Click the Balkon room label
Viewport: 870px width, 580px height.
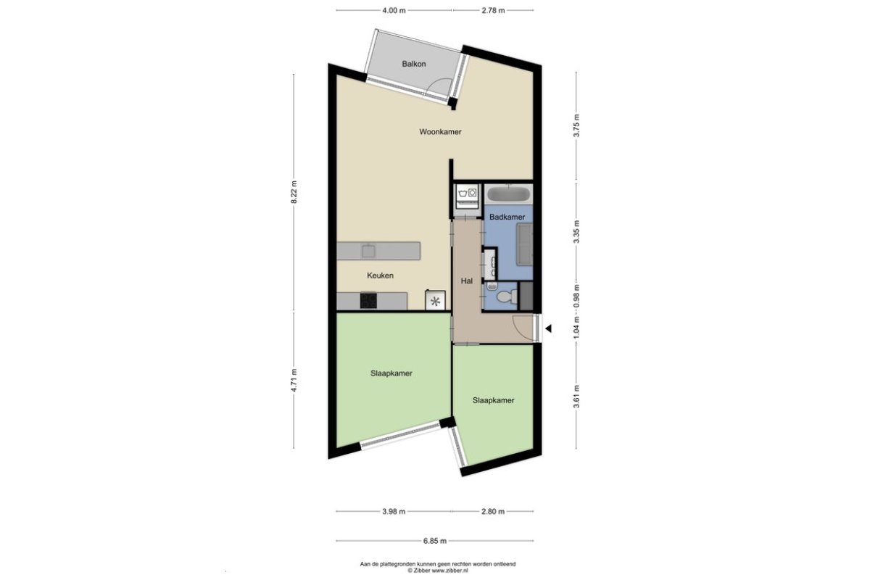pos(414,64)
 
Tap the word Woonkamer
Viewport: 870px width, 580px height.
pos(440,132)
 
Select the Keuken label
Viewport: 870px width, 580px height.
pos(380,275)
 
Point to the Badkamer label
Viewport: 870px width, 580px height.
pos(507,217)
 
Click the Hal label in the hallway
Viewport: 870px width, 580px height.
pos(466,281)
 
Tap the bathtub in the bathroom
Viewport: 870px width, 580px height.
pos(508,194)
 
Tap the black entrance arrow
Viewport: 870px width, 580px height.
pos(548,328)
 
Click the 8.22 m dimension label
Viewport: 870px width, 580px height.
pos(294,192)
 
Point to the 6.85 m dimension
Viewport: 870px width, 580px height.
pos(434,541)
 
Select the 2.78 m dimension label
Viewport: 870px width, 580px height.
pos(493,10)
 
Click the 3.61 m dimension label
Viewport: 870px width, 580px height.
pos(576,397)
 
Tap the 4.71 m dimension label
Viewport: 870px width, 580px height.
pos(294,381)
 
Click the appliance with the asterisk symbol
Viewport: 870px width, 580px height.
pos(435,300)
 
